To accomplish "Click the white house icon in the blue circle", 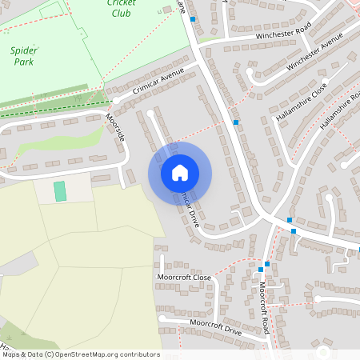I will [180, 172].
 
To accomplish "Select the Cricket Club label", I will [121, 7].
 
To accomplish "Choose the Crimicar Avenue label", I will [158, 82].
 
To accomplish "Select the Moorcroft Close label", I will [185, 278].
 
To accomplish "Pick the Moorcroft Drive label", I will [215, 326].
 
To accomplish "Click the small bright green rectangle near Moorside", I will [60, 191].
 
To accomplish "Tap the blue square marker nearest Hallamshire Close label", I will [235, 122].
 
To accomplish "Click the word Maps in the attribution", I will [11, 354].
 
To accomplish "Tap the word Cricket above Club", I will [121, 2].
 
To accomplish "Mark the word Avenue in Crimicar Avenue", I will [171, 75].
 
